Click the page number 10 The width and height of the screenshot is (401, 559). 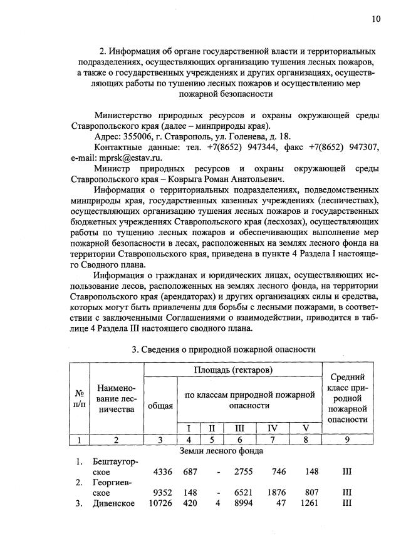pyautogui.click(x=375, y=19)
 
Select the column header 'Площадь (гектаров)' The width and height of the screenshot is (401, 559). pyautogui.click(x=232, y=370)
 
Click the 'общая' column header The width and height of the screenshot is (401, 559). pyautogui.click(x=160, y=405)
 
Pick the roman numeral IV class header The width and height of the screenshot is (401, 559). pyautogui.click(x=272, y=428)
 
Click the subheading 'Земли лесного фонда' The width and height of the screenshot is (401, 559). pyautogui.click(x=221, y=450)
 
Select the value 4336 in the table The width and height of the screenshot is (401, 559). pyautogui.click(x=162, y=473)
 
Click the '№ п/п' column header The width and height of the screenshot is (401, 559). pyautogui.click(x=80, y=399)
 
